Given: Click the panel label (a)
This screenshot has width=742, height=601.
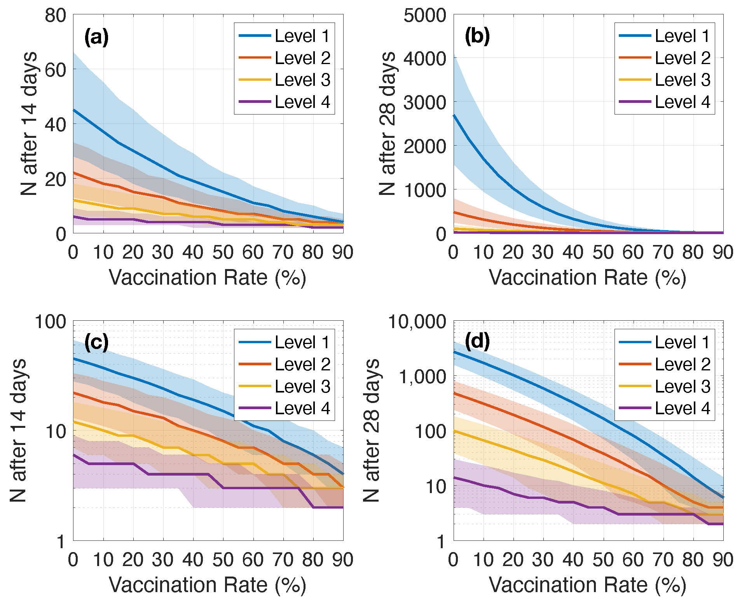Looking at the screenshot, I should coord(96,37).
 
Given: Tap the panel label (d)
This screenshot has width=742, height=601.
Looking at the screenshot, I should coord(477,342).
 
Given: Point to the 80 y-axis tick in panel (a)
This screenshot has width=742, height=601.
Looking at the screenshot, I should coord(55,16).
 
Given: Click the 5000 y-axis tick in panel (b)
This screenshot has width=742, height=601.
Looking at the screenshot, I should coord(424,16).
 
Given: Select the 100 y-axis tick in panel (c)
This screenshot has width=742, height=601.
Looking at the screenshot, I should coord(51,322).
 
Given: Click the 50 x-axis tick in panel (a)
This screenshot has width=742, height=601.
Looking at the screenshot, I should coord(223,252).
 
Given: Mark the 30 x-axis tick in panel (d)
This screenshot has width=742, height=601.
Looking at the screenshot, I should coord(543,560).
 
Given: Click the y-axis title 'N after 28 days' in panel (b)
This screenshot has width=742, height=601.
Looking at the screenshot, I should coord(387,123).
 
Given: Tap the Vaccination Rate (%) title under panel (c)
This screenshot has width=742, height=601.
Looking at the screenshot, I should coord(208,585).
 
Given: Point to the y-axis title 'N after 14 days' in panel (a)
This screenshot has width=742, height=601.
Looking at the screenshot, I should coord(29,123).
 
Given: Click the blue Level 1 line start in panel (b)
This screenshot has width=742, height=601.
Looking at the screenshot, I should coord(454,115).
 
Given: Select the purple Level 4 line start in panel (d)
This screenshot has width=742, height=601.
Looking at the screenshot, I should coord(454,478).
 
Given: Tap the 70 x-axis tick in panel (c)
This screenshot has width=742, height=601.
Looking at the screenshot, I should coord(283,560).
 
